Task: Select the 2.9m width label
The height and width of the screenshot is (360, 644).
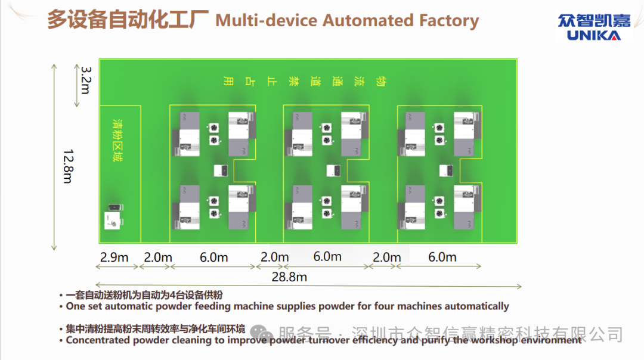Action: pyautogui.click(x=114, y=257)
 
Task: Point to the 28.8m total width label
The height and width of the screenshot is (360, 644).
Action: pyautogui.click(x=289, y=277)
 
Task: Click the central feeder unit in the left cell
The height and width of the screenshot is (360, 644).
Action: pyautogui.click(x=221, y=170)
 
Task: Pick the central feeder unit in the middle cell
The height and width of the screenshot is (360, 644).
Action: pyautogui.click(x=333, y=170)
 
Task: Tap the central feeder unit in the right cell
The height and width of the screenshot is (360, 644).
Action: pyautogui.click(x=447, y=170)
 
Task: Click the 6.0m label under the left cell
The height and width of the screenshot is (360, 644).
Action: pyautogui.click(x=213, y=257)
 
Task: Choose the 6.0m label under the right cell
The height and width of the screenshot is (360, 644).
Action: pyautogui.click(x=442, y=257)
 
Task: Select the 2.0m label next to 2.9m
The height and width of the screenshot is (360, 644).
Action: pyautogui.click(x=158, y=257)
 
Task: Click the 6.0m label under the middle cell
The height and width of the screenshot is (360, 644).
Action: pyautogui.click(x=327, y=257)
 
